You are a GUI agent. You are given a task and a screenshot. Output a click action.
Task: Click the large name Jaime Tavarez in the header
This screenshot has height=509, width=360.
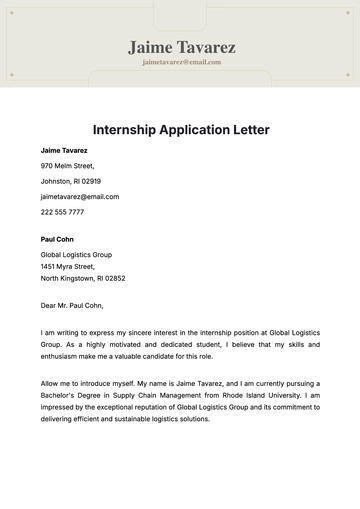pyautogui.click(x=181, y=47)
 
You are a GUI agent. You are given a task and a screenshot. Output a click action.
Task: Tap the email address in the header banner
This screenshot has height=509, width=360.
pyautogui.click(x=181, y=62)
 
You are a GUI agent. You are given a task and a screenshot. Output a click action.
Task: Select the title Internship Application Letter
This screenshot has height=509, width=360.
pyautogui.click(x=181, y=130)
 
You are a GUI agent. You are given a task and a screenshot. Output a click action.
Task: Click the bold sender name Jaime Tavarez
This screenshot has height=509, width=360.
pyautogui.click(x=64, y=150)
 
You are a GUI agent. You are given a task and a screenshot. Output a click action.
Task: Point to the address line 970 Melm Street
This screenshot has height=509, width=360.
pyautogui.click(x=68, y=166)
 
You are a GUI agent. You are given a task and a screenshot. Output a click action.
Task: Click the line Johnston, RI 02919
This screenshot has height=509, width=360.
pyautogui.click(x=71, y=181)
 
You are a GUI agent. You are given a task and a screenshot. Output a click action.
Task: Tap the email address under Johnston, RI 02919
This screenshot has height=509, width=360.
pyautogui.click(x=80, y=197)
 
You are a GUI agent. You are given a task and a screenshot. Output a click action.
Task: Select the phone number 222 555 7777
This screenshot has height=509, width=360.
pyautogui.click(x=62, y=212)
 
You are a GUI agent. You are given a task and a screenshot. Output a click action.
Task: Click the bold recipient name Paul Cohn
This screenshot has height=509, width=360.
pyautogui.click(x=57, y=240)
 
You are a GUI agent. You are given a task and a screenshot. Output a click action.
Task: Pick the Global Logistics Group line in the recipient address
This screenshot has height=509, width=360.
pyautogui.click(x=76, y=255)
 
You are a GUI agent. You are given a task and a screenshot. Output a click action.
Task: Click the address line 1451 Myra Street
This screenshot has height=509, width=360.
pyautogui.click(x=68, y=267)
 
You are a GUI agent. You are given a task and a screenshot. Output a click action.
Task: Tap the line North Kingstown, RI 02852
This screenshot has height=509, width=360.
pyautogui.click(x=83, y=279)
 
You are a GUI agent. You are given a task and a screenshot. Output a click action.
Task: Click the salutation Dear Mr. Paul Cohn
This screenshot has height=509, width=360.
pyautogui.click(x=72, y=306)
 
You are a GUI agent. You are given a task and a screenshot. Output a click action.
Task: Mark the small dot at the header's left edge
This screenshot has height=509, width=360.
pyautogui.click(x=11, y=74)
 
